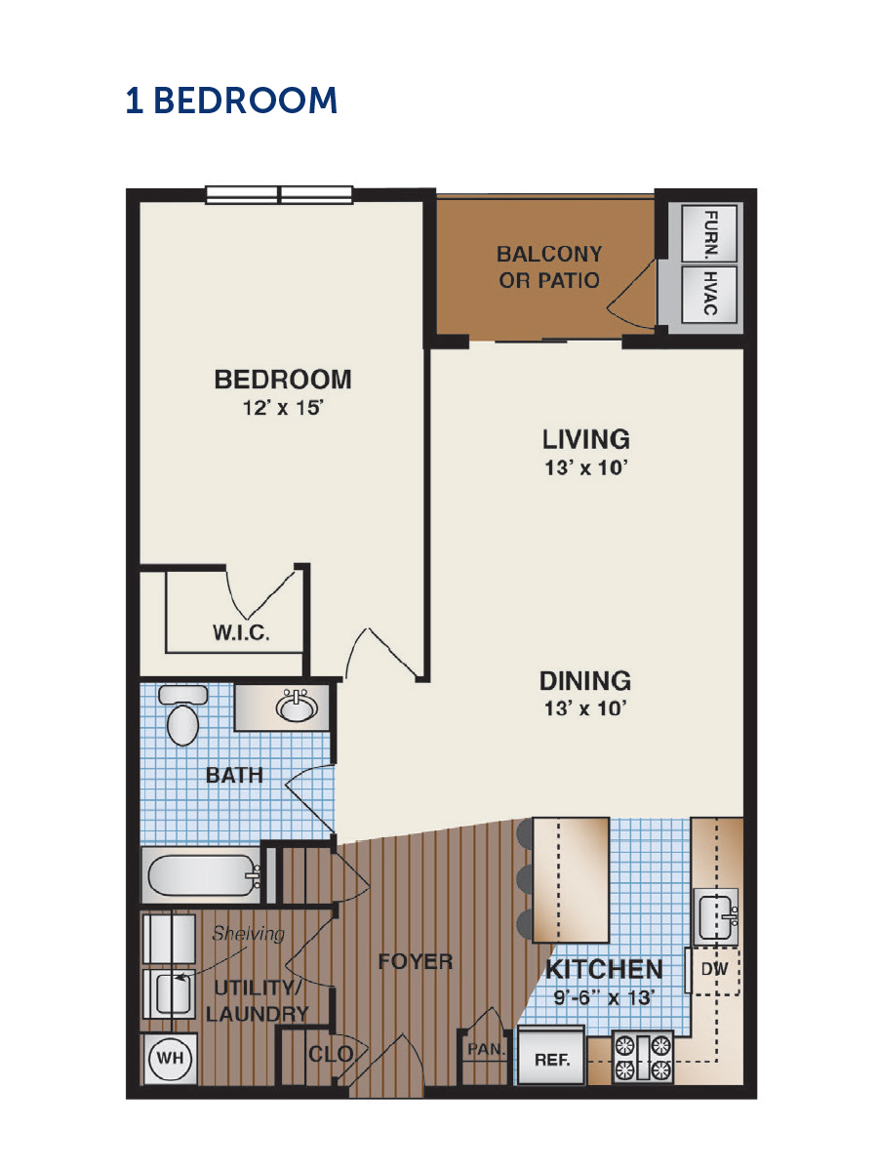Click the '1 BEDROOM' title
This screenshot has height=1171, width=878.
(x=231, y=100)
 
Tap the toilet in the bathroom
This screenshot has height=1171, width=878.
(x=182, y=715)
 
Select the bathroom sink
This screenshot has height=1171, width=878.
(x=297, y=707)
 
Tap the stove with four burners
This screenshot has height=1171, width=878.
(x=642, y=1058)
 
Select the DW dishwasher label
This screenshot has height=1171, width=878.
(x=714, y=968)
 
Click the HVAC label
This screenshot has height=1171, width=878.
(x=710, y=293)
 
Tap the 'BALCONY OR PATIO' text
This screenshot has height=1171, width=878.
(x=549, y=266)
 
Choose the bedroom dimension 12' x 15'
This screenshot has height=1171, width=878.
(x=283, y=409)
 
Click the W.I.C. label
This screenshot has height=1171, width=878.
(x=241, y=632)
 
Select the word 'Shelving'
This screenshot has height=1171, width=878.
(x=249, y=933)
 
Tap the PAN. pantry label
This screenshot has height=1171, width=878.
(x=486, y=1049)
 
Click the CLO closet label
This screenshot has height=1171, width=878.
(x=331, y=1054)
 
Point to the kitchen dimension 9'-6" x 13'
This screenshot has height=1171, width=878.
(x=604, y=997)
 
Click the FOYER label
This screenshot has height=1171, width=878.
(x=416, y=962)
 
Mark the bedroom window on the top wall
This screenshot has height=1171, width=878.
(x=279, y=195)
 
